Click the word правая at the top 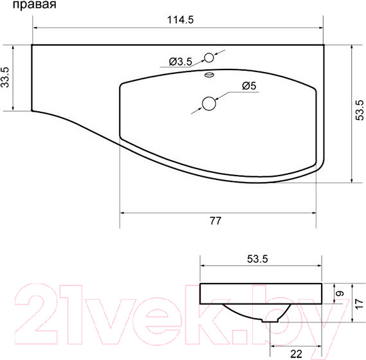tap(33, 6)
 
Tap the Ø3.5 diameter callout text tap(181, 62)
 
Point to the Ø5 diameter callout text tap(250, 85)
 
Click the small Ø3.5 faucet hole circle tap(208, 57)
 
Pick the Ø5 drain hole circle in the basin tap(208, 103)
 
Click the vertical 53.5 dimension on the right tap(361, 113)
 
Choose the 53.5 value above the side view tap(257, 259)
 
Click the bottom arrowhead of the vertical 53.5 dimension tap(353, 179)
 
